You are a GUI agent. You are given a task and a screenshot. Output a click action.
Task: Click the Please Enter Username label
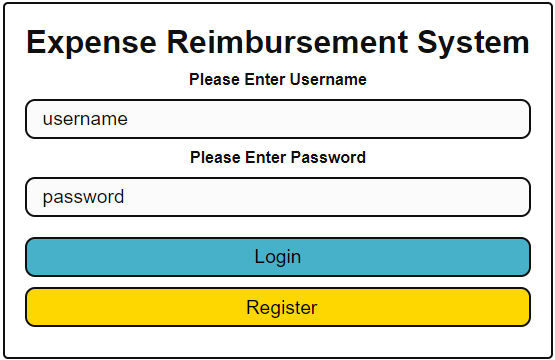tap(278, 79)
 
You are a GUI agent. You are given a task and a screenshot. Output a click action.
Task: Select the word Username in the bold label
tap(328, 79)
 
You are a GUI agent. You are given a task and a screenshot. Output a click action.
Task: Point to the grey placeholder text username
tap(85, 119)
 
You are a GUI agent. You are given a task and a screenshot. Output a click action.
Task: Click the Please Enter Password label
tap(278, 157)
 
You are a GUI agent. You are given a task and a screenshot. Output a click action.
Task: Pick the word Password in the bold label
tap(329, 157)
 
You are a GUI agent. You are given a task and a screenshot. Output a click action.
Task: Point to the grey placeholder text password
tap(83, 197)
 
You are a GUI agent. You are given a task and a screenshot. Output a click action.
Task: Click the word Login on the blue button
tap(278, 257)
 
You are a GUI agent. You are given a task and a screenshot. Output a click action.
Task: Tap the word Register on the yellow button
tap(282, 307)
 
